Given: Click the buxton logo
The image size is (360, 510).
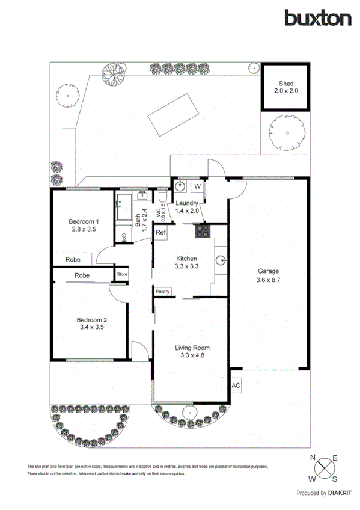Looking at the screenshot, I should tap(318, 18).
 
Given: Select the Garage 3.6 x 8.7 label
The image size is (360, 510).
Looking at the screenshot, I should tap(268, 275).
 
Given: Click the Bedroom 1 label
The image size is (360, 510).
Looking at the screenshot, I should tap(84, 225).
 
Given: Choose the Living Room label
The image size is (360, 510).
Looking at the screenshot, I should tap(192, 351).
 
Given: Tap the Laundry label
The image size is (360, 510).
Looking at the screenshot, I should tap(187, 207).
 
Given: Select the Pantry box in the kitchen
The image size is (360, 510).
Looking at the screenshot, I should tap(163, 292).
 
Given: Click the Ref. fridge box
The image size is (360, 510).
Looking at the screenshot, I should tap(160, 232).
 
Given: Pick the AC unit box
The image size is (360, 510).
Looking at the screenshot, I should tap(235, 385).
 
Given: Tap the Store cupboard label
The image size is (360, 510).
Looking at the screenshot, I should tap(123, 275).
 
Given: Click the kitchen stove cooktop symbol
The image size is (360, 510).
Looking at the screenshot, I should tap(201, 230).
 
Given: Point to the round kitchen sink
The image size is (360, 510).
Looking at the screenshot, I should tap(221, 260).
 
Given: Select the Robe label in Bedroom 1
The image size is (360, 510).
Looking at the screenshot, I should tap(73, 259).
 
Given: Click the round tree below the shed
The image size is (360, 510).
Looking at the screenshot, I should tap(285, 132).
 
